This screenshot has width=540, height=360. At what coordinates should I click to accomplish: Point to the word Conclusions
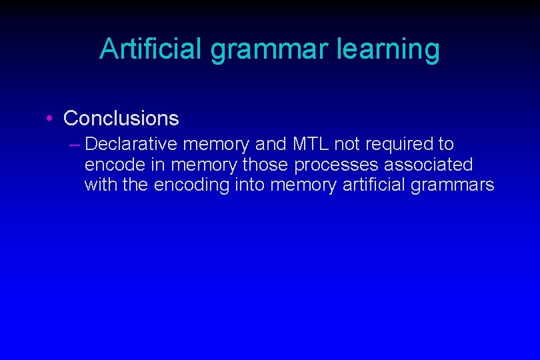point(121,119)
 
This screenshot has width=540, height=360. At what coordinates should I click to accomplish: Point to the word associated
point(429,164)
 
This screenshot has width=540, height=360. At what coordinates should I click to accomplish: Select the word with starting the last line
point(99,185)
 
